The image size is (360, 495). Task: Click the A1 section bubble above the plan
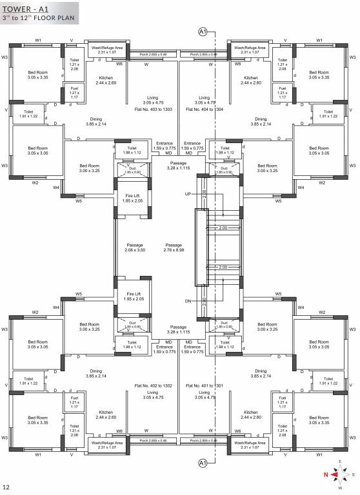(x=203, y=32)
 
